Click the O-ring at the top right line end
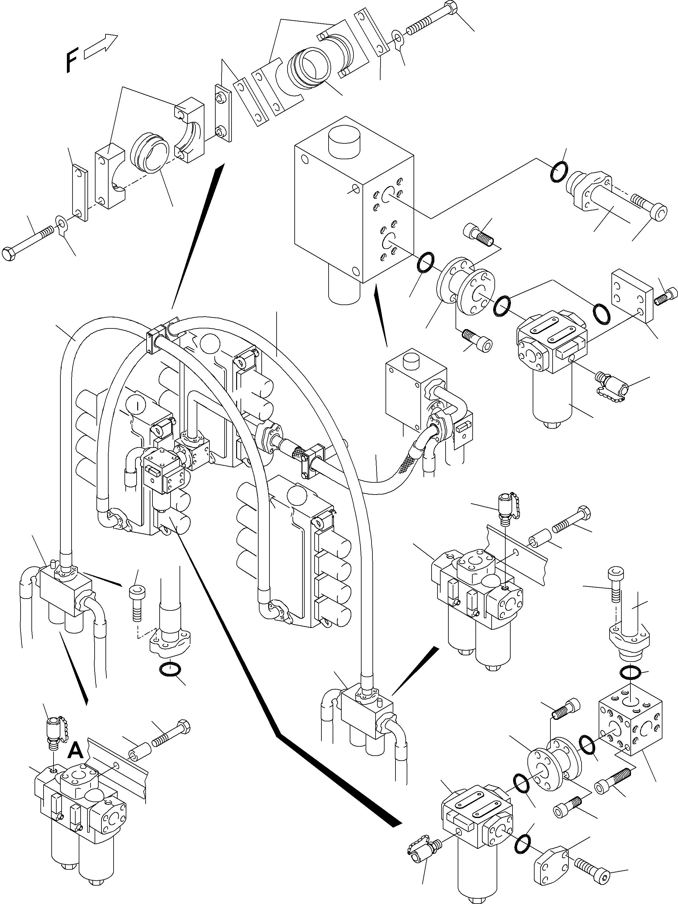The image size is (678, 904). point(558,172)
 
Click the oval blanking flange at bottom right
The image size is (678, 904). point(551,854)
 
